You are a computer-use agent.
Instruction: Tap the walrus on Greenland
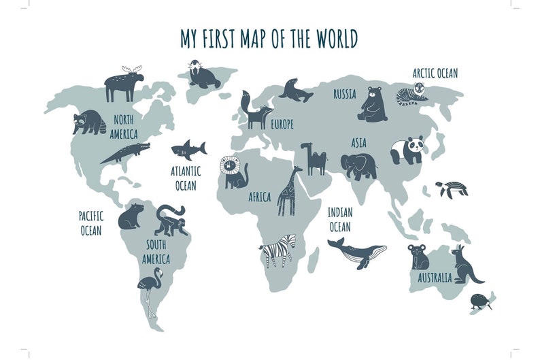(203, 76)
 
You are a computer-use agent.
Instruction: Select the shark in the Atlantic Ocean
(188, 148)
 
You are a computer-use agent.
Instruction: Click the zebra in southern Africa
(280, 250)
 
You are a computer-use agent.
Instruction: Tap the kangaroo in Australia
(467, 266)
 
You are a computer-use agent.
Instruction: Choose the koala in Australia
(418, 257)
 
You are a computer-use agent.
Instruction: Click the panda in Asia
(407, 150)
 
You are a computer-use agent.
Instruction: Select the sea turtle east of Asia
(452, 189)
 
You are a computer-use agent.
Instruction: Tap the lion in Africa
(233, 173)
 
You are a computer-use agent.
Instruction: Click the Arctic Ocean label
(435, 73)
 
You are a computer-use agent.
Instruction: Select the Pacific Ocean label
(90, 223)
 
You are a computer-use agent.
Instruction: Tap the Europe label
(282, 125)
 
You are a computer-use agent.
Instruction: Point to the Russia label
(345, 95)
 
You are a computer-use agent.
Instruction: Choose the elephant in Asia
(358, 165)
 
